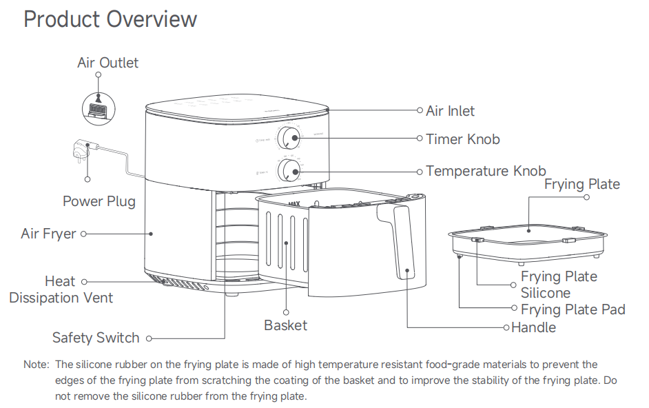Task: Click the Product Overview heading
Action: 110,19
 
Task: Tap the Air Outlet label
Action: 107,63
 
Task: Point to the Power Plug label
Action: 99,201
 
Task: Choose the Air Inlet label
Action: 450,111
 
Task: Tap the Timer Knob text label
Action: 462,139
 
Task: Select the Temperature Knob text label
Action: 486,171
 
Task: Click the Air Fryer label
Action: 48,234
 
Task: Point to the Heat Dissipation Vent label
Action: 61,289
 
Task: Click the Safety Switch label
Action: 96,338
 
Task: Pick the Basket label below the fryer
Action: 285,325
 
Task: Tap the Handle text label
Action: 533,327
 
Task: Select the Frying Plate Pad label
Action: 573,309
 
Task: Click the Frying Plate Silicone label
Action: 558,284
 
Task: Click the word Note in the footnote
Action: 35,364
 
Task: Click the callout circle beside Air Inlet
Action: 420,110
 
